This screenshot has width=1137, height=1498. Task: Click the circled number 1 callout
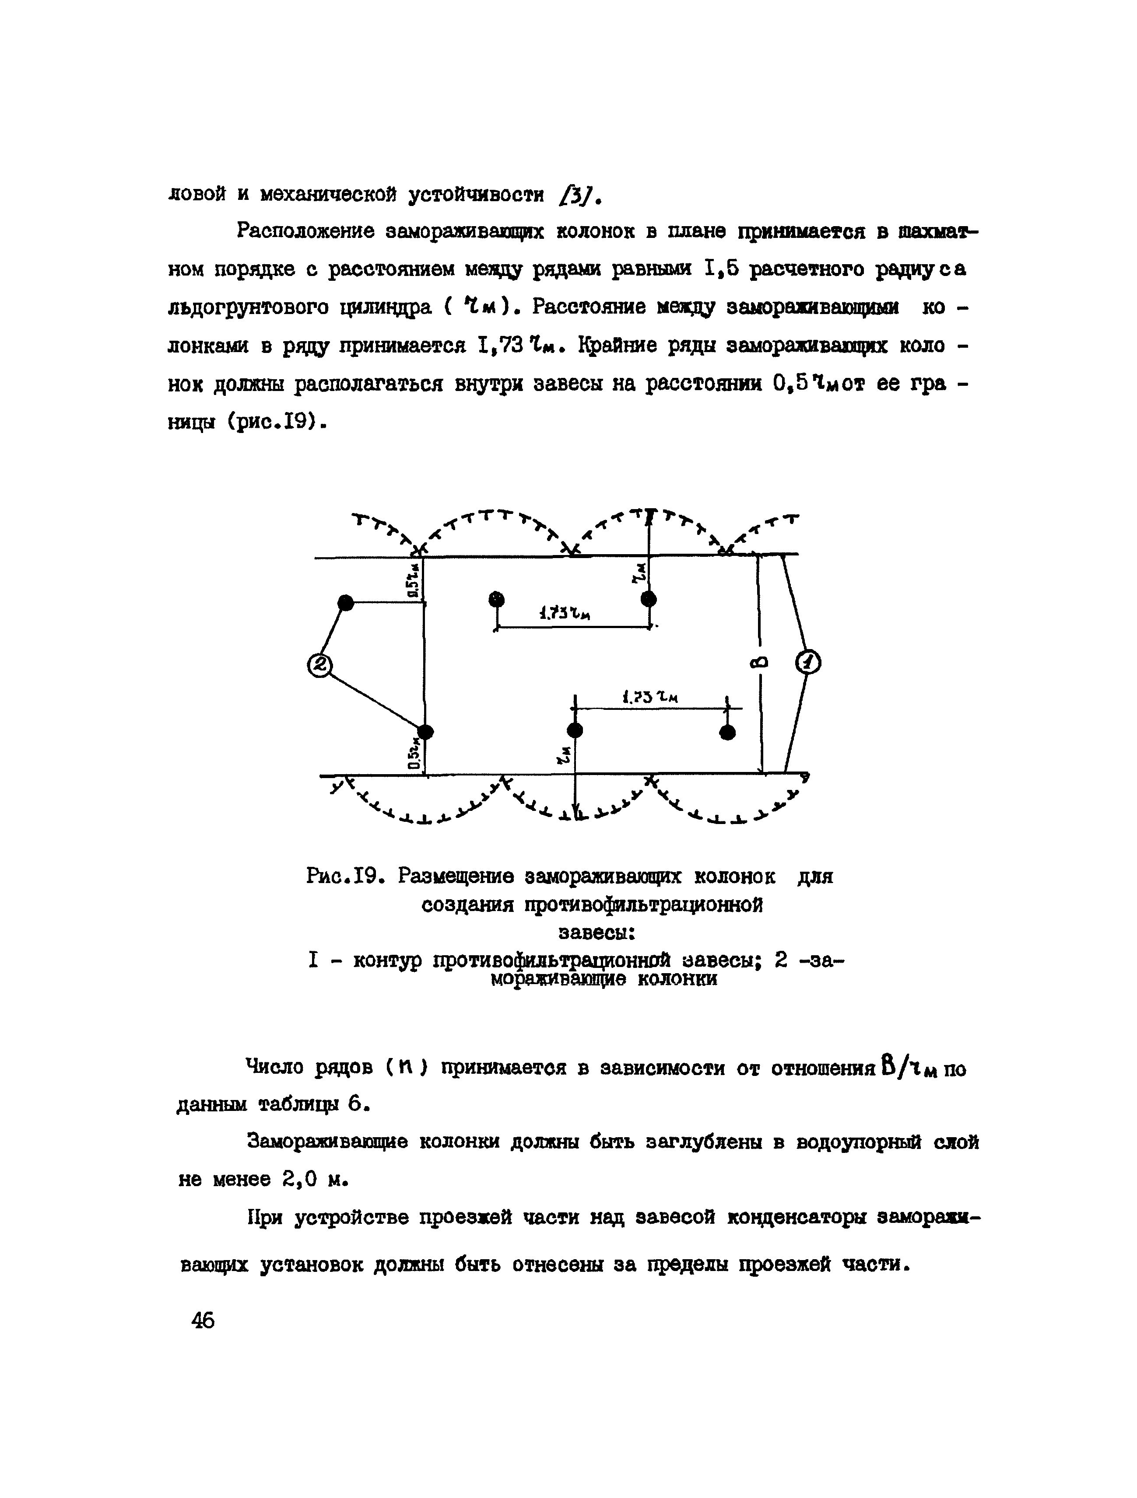tap(807, 662)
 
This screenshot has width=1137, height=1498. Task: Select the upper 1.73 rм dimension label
tap(565, 614)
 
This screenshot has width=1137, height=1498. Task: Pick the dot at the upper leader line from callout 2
tap(346, 602)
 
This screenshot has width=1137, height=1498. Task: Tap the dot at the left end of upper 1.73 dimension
tap(497, 599)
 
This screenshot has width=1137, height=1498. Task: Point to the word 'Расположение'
tap(306, 232)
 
